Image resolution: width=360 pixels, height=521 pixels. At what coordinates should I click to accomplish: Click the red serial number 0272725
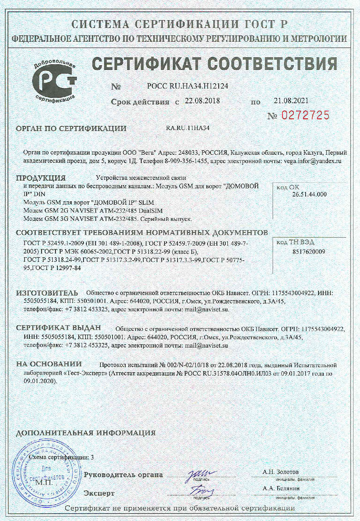coord(305,115)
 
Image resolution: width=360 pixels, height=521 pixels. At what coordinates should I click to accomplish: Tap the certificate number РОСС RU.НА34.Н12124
coord(187,86)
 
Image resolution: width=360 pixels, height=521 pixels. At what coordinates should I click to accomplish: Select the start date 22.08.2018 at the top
coord(202,101)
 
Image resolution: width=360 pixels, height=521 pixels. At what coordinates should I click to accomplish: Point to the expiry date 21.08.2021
coord(291,100)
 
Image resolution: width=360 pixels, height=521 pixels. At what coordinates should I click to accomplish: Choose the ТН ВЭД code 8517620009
coord(309,252)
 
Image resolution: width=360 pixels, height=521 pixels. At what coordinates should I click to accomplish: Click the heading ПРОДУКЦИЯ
coord(41,178)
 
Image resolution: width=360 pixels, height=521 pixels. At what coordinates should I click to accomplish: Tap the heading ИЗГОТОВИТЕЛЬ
coord(47,293)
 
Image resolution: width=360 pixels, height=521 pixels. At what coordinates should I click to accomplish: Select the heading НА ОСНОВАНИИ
coord(49,364)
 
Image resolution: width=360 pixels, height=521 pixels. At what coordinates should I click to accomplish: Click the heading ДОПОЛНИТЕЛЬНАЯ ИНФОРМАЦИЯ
coord(86,433)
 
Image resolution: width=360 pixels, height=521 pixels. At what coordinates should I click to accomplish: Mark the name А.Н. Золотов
coord(280,472)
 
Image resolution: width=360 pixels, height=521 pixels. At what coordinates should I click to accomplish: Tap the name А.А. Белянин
coord(281,489)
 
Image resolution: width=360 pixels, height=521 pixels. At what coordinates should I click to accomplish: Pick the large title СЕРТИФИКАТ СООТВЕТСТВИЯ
coord(215,64)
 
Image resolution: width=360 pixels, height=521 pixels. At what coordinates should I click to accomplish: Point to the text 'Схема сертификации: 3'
coord(61,457)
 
